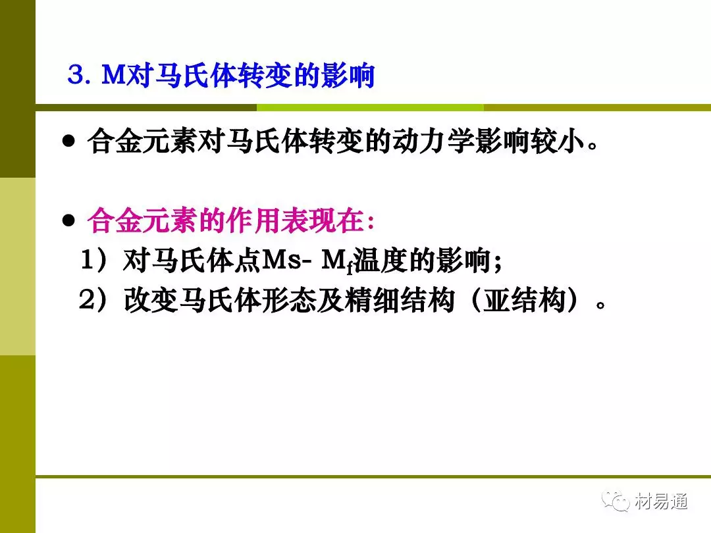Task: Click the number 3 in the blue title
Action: [76, 74]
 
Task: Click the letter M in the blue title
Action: [113, 74]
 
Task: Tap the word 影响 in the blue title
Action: [348, 75]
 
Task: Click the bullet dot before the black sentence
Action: [68, 141]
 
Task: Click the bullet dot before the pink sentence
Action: [68, 220]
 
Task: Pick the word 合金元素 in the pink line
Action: [143, 220]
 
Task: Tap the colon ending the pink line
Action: [371, 222]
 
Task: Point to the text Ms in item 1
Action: [282, 260]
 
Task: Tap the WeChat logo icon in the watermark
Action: [616, 501]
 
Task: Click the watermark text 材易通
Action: [662, 501]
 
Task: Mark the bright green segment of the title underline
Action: [370, 107]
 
